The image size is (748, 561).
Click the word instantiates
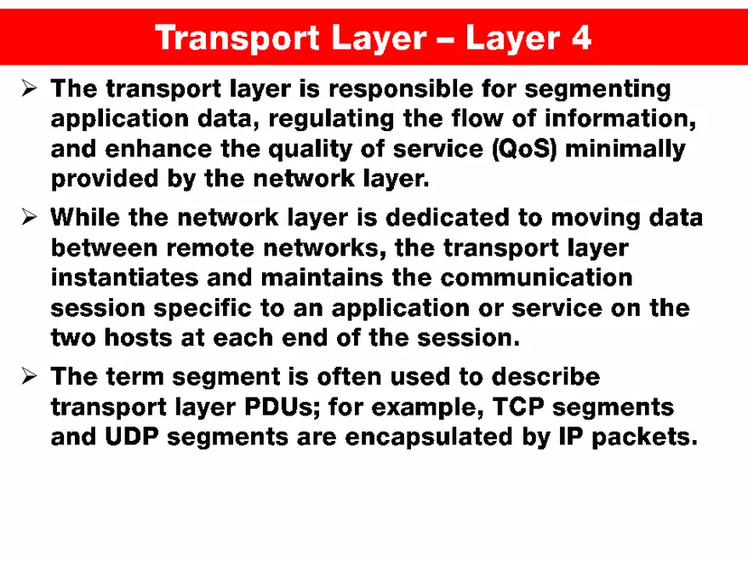coord(123,278)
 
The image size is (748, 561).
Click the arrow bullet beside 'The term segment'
coord(29,376)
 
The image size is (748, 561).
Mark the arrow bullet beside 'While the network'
coord(29,218)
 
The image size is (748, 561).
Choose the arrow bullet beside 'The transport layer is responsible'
coord(29,89)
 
